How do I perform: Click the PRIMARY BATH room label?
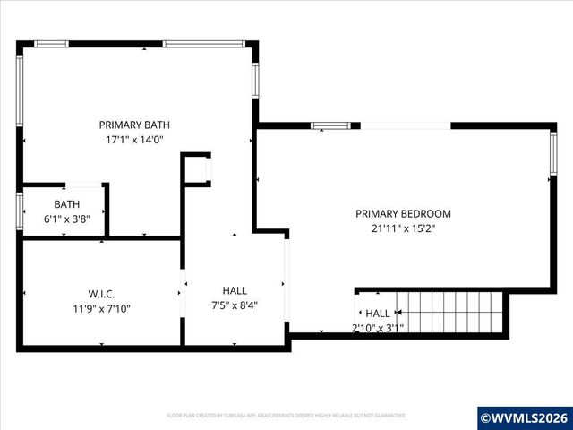pyautogui.click(x=134, y=125)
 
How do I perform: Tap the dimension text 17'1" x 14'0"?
pyautogui.click(x=134, y=140)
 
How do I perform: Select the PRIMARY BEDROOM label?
pyautogui.click(x=403, y=214)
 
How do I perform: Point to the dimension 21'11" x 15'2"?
pyautogui.click(x=403, y=228)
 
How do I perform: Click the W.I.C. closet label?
pyautogui.click(x=101, y=294)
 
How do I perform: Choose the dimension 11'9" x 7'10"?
pyautogui.click(x=101, y=309)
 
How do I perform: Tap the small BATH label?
pyautogui.click(x=66, y=204)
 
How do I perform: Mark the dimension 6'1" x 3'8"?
pyautogui.click(x=66, y=219)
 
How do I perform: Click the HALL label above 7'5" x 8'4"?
pyautogui.click(x=235, y=290)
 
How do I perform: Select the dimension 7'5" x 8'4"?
pyautogui.click(x=235, y=305)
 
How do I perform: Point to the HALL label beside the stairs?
pyautogui.click(x=378, y=314)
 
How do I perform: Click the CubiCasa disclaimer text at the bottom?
pyautogui.click(x=286, y=416)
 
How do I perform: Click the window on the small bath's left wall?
pyautogui.click(x=20, y=211)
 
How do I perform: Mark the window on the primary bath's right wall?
pyautogui.click(x=255, y=80)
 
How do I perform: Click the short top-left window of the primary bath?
pyautogui.click(x=51, y=43)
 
